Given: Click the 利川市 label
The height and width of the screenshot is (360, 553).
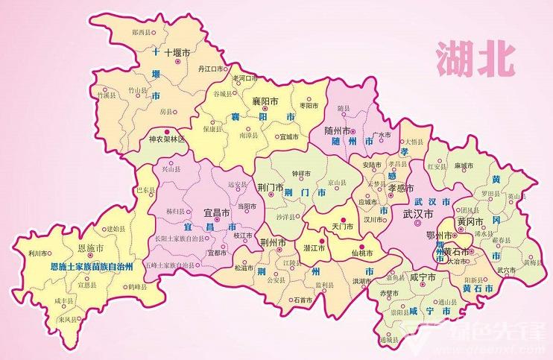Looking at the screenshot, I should pos(37,253).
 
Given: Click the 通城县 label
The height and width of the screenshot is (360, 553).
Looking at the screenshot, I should pos(388,340).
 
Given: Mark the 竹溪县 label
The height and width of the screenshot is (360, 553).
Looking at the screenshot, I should pos(107,95).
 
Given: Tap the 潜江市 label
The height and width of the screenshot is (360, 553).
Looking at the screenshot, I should pos(313,248).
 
